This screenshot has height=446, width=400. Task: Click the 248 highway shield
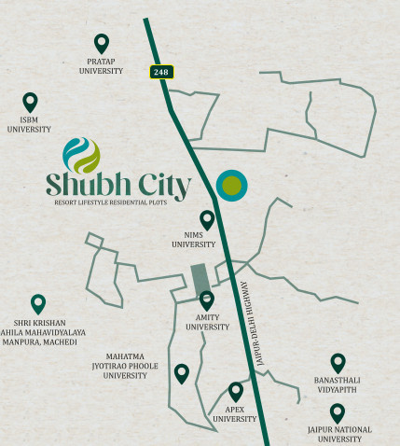pos(160,72)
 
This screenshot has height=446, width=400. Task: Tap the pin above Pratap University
pos(102,43)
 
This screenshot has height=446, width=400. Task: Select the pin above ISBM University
pos(30,102)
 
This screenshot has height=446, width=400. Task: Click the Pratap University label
pos(102,65)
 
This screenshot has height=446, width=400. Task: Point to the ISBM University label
pos(29,124)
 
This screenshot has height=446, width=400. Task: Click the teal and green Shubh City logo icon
pos(81,155)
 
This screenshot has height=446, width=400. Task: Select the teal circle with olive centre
pos(232,187)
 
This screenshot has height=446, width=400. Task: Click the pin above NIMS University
pos(207,219)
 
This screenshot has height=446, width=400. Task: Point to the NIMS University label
pos(194,240)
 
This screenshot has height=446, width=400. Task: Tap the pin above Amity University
pos(207,300)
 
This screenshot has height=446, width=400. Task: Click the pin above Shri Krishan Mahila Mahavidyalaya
pos(38,303)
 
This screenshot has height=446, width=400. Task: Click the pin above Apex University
pos(235,391)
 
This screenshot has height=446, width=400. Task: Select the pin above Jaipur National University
pos(337,411)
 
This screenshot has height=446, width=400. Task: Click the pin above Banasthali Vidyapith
pos(338,363)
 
